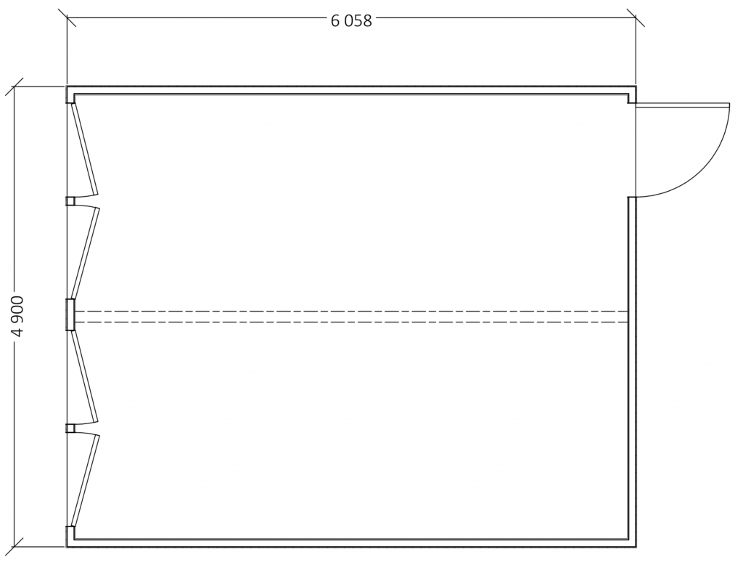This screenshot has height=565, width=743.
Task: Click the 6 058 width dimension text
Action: tap(351, 21)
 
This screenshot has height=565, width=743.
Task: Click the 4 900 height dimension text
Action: tap(18, 316)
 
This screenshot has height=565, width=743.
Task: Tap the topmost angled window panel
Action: tap(85, 150)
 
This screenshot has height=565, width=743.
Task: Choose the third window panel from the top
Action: tap(85, 377)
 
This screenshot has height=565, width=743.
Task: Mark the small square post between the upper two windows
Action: tap(70, 201)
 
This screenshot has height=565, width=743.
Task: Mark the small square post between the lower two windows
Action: tap(70, 428)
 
